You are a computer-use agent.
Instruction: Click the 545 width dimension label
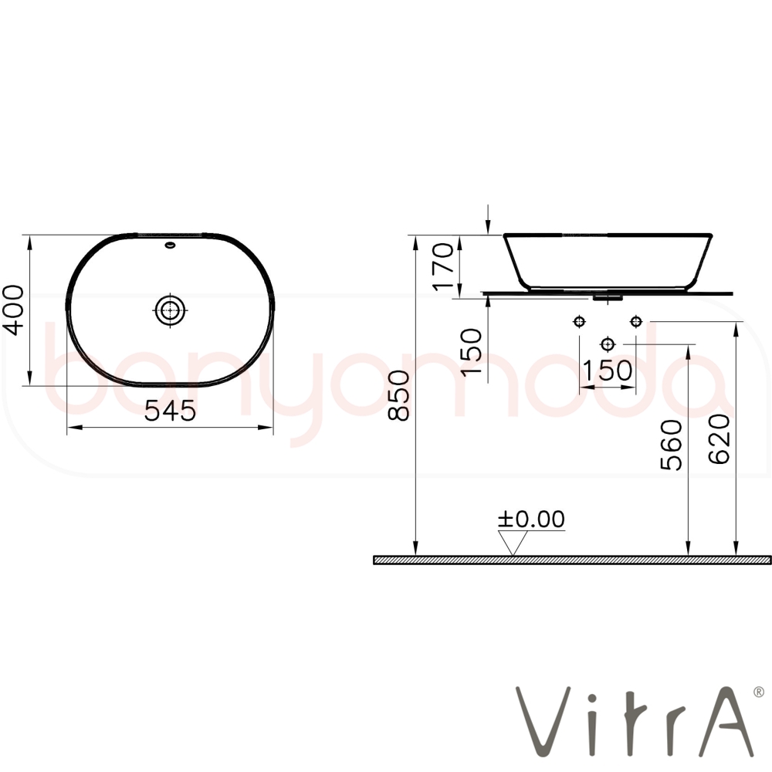[170, 411]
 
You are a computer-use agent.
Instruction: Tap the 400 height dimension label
[13, 310]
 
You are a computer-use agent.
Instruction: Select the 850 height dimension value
[399, 395]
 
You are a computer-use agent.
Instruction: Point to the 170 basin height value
[442, 266]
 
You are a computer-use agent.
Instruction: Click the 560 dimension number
[671, 444]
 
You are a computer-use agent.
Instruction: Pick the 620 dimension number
[720, 438]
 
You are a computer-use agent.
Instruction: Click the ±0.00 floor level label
[531, 520]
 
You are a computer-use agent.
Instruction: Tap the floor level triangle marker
[513, 543]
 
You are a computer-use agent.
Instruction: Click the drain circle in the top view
[171, 310]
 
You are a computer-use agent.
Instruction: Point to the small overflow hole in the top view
[171, 245]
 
